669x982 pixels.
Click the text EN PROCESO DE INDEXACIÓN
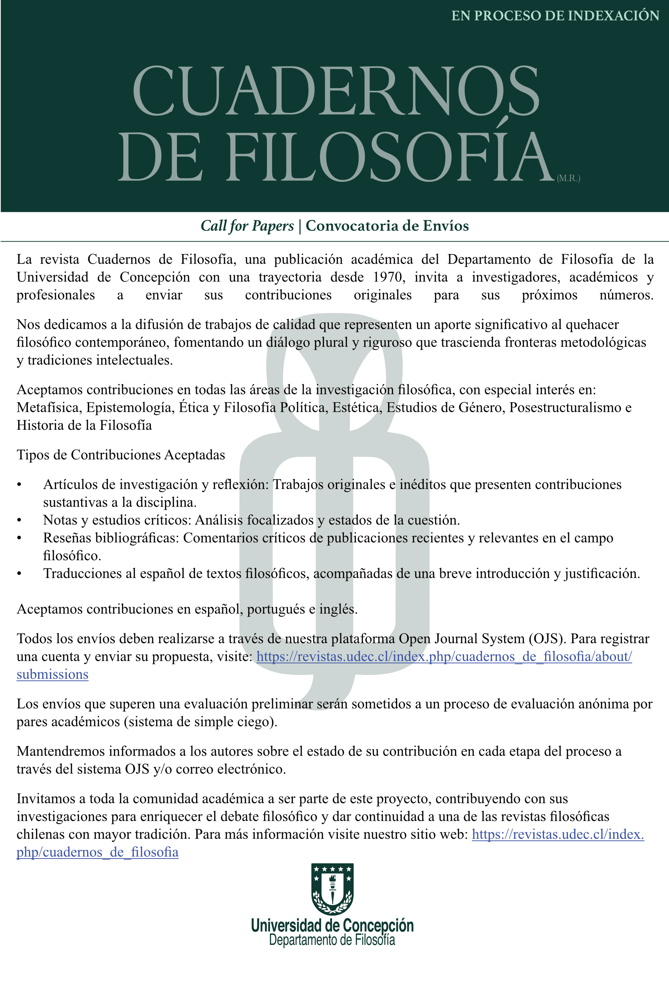pyautogui.click(x=555, y=16)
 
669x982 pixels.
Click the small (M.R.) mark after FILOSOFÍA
pyautogui.click(x=568, y=178)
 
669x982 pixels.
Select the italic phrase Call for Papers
pyautogui.click(x=247, y=226)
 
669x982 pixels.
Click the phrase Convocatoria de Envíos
pyautogui.click(x=387, y=226)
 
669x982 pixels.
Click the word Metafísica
pyautogui.click(x=48, y=407)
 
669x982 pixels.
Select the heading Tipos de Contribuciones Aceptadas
pyautogui.click(x=120, y=455)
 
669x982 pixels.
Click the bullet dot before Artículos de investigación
pyautogui.click(x=19, y=485)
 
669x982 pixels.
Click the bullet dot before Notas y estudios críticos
pyautogui.click(x=19, y=520)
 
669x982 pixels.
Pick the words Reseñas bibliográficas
pyautogui.click(x=111, y=538)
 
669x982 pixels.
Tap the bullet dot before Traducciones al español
pyautogui.click(x=19, y=574)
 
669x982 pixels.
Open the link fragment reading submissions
pyautogui.click(x=52, y=674)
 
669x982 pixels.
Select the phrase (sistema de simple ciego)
pyautogui.click(x=200, y=722)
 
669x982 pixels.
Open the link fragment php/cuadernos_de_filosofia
pyautogui.click(x=97, y=852)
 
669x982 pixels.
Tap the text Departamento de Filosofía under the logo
pyautogui.click(x=332, y=940)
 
